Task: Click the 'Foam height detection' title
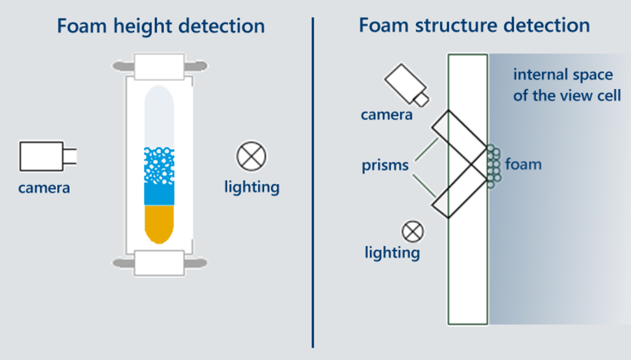point(161,26)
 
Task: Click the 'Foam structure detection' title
point(474,25)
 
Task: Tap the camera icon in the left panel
point(46,156)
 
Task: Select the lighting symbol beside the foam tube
point(251,156)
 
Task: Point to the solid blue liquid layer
point(159,194)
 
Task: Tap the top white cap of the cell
point(159,66)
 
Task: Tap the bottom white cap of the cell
point(159,263)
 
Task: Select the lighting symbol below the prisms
point(412,231)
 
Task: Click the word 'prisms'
point(385,165)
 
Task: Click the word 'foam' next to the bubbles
point(523,164)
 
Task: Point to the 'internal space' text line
point(563,75)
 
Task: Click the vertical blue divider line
point(313,182)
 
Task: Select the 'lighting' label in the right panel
point(392,253)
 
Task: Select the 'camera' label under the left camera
point(44,188)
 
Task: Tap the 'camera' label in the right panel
point(386,115)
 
